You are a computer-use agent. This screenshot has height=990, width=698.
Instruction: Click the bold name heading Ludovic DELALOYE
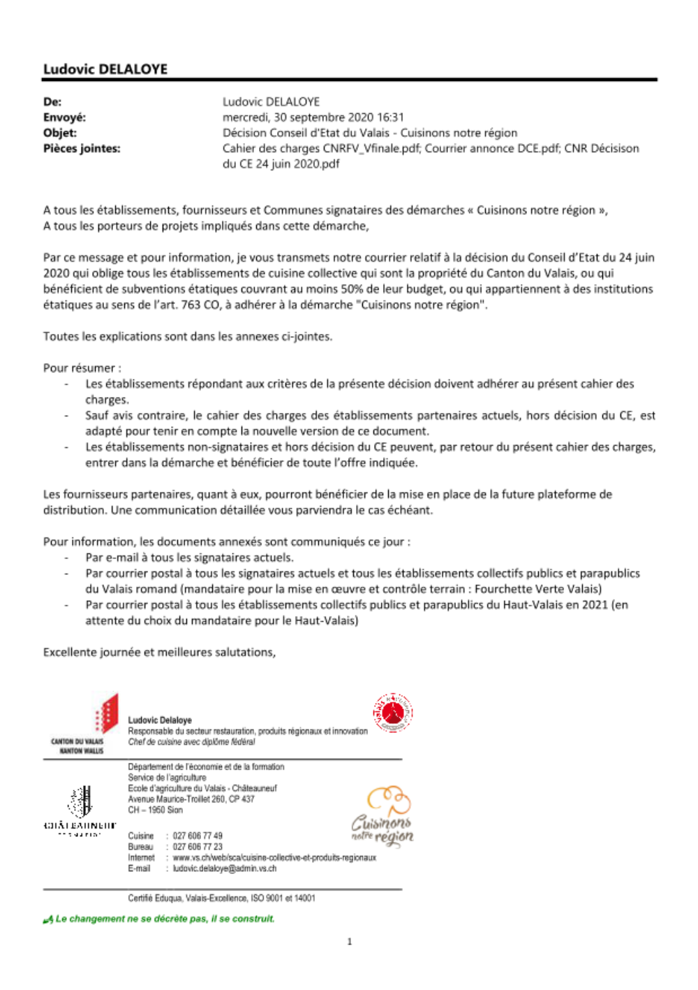click(x=105, y=69)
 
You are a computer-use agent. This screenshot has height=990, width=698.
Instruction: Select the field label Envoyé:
click(x=64, y=117)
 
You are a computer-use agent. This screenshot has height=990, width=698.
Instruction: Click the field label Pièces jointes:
click(x=82, y=148)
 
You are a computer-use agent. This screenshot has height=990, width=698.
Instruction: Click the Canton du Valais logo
click(x=87, y=723)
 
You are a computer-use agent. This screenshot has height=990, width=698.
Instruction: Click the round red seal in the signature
click(x=392, y=713)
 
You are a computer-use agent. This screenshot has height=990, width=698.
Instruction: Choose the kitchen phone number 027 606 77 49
click(x=198, y=836)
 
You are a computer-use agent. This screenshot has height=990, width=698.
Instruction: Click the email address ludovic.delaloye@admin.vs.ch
click(x=225, y=868)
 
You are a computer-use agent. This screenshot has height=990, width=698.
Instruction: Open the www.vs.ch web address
click(x=274, y=857)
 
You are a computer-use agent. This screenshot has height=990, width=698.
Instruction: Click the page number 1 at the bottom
click(x=350, y=942)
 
